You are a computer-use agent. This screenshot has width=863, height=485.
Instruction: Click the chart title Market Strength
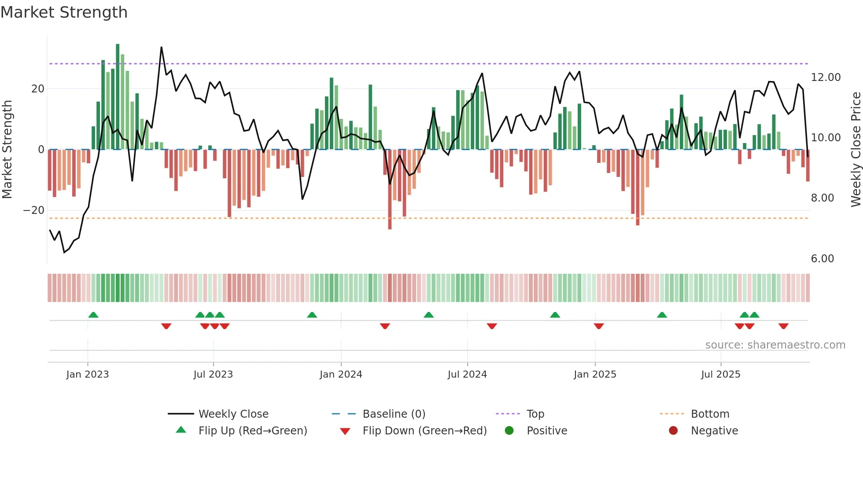(x=64, y=12)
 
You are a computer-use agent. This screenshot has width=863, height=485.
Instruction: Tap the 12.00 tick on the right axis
(x=826, y=77)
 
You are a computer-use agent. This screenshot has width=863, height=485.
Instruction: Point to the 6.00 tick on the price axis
(x=822, y=259)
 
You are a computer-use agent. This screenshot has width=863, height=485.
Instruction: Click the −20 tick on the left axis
(x=34, y=210)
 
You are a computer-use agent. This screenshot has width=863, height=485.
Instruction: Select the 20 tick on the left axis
(x=37, y=89)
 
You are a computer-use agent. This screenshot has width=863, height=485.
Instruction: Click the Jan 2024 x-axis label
(x=341, y=375)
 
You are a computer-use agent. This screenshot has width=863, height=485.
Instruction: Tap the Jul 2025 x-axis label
(x=720, y=375)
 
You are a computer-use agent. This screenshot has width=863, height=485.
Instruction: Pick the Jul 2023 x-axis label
(x=213, y=375)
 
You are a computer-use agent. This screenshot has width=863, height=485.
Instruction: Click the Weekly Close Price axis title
(x=856, y=150)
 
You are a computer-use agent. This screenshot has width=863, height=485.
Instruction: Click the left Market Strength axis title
(x=7, y=150)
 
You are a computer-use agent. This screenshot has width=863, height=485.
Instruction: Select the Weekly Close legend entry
(x=233, y=414)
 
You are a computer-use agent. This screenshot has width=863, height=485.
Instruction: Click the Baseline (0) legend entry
(x=394, y=414)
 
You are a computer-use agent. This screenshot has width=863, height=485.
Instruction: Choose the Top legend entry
(x=535, y=414)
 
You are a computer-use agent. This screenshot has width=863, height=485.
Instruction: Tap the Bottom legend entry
(x=710, y=414)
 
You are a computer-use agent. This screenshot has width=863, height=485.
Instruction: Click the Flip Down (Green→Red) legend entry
(x=424, y=431)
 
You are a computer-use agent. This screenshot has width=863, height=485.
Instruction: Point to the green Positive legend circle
(x=509, y=431)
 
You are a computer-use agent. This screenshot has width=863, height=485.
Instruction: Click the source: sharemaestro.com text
(x=775, y=345)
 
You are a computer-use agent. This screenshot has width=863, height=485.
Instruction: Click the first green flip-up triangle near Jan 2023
(x=93, y=315)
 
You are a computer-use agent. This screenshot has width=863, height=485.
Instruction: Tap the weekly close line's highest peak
(x=161, y=48)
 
